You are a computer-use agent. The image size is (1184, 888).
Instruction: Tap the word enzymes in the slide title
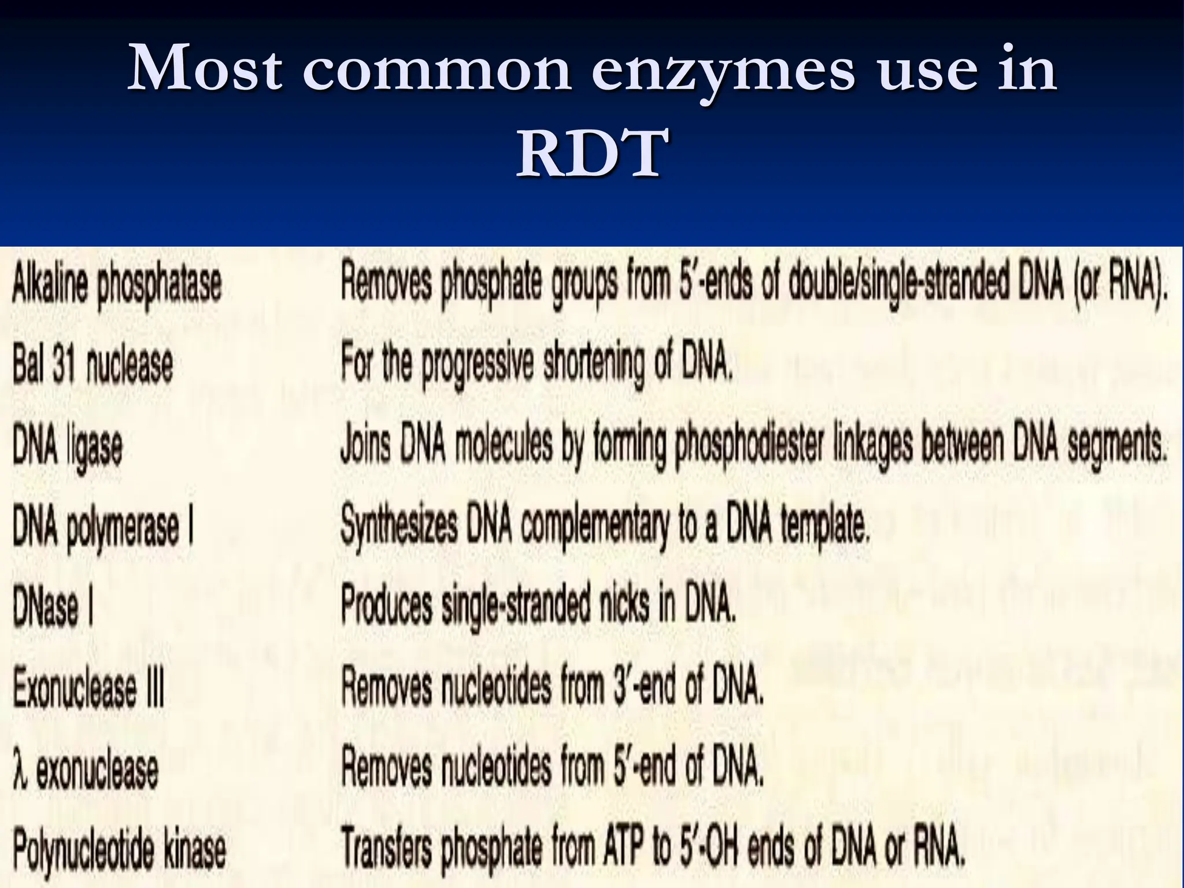click(x=722, y=70)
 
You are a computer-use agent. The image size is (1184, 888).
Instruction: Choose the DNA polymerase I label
click(x=103, y=528)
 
